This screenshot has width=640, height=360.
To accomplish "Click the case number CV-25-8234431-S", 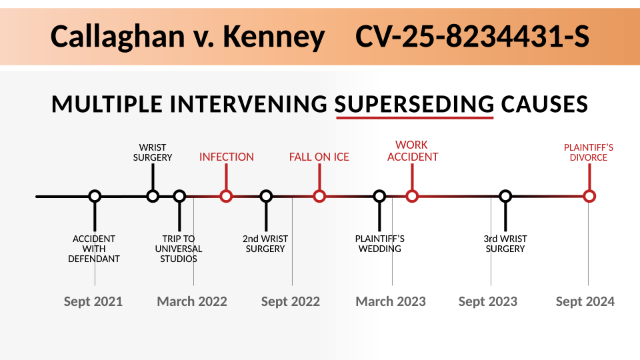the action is click(x=472, y=36).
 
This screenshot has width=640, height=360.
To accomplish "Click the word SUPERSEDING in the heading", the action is click(x=414, y=104).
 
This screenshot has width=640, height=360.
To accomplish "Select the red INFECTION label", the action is click(x=227, y=157).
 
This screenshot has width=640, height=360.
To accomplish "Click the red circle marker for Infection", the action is click(x=226, y=196).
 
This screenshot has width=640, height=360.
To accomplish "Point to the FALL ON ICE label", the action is click(x=319, y=157).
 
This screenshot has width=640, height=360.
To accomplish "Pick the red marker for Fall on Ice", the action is click(x=319, y=196).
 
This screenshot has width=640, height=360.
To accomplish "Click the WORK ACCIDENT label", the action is click(x=412, y=151).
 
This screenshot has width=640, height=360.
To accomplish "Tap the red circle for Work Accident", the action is click(x=412, y=196).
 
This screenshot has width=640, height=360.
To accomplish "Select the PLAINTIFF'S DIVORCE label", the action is click(x=589, y=152).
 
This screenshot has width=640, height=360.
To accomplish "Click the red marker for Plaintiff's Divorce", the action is click(x=589, y=196).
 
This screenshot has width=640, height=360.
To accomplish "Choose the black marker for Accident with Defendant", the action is click(x=95, y=196).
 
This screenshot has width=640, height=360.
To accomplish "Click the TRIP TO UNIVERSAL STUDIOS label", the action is click(x=179, y=249).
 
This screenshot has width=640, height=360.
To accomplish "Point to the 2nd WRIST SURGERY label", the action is click(x=265, y=244).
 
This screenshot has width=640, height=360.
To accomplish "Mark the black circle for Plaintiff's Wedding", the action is click(x=379, y=196).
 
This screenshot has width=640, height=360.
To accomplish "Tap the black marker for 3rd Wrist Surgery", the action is click(x=505, y=196).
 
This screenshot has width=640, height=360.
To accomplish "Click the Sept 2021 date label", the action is click(x=93, y=301).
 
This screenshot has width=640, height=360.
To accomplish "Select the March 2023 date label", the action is click(x=391, y=301).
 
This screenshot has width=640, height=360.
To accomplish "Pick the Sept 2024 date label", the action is click(x=585, y=301).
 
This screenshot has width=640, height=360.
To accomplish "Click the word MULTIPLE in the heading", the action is click(x=107, y=104).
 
